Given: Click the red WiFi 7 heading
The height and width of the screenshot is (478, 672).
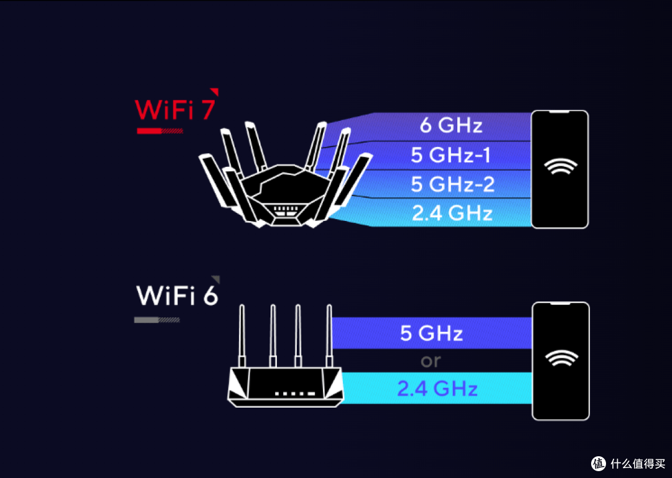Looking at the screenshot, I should pyautogui.click(x=175, y=110).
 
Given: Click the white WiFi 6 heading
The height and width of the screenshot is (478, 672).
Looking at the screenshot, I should pyautogui.click(x=177, y=296).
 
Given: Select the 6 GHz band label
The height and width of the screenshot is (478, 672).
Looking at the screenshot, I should pyautogui.click(x=451, y=126).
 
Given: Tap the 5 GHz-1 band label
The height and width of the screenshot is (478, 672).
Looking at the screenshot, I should pyautogui.click(x=451, y=154).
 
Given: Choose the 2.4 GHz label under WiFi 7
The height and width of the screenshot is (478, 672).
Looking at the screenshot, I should pyautogui.click(x=452, y=213).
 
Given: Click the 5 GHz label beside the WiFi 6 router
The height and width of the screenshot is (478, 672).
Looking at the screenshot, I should pyautogui.click(x=431, y=333).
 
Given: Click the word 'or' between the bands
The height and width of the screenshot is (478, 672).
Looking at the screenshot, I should pyautogui.click(x=431, y=361).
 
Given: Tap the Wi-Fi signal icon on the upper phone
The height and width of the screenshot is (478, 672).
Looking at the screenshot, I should pyautogui.click(x=560, y=167).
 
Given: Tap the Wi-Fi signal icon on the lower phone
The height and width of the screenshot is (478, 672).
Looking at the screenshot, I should pyautogui.click(x=560, y=358).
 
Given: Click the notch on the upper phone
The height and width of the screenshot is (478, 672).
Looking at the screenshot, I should pyautogui.click(x=560, y=113).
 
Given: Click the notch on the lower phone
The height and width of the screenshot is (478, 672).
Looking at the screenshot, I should pyautogui.click(x=560, y=304).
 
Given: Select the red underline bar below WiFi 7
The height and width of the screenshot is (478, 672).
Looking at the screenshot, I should pyautogui.click(x=159, y=131).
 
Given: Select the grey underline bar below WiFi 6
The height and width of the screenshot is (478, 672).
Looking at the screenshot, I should pyautogui.click(x=157, y=320).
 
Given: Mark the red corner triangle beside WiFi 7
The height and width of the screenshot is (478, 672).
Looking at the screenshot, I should pyautogui.click(x=214, y=91).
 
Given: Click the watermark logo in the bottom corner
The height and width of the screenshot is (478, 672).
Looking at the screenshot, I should pyautogui.click(x=599, y=463).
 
